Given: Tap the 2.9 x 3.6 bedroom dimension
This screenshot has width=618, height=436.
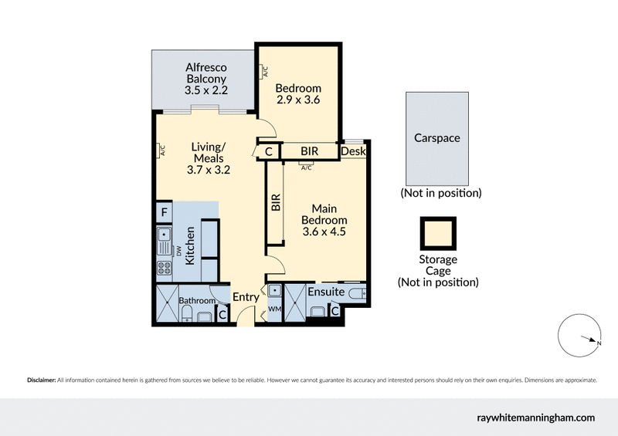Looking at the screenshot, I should click(x=298, y=100).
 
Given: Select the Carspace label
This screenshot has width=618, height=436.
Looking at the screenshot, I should click(x=438, y=138).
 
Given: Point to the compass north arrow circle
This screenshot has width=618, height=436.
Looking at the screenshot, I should click(x=580, y=336).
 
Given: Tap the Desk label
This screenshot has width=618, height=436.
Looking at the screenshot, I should click(x=352, y=152).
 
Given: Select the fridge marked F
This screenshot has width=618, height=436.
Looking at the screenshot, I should click(x=164, y=211).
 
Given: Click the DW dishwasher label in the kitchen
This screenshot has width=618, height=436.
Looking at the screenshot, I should click(x=178, y=251).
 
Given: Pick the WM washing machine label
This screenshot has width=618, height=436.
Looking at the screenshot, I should click(x=274, y=309).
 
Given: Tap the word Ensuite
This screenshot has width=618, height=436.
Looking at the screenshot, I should click(x=325, y=292).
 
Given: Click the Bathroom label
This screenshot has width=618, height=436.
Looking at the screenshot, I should click(x=195, y=300).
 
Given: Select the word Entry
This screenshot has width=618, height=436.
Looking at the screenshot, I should click(x=246, y=297).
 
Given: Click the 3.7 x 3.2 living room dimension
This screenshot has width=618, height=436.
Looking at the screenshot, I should click(x=209, y=171).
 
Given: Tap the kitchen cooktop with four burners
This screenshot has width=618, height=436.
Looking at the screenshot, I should click(x=165, y=269).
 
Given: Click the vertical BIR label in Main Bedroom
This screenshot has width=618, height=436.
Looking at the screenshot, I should click(x=275, y=202).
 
